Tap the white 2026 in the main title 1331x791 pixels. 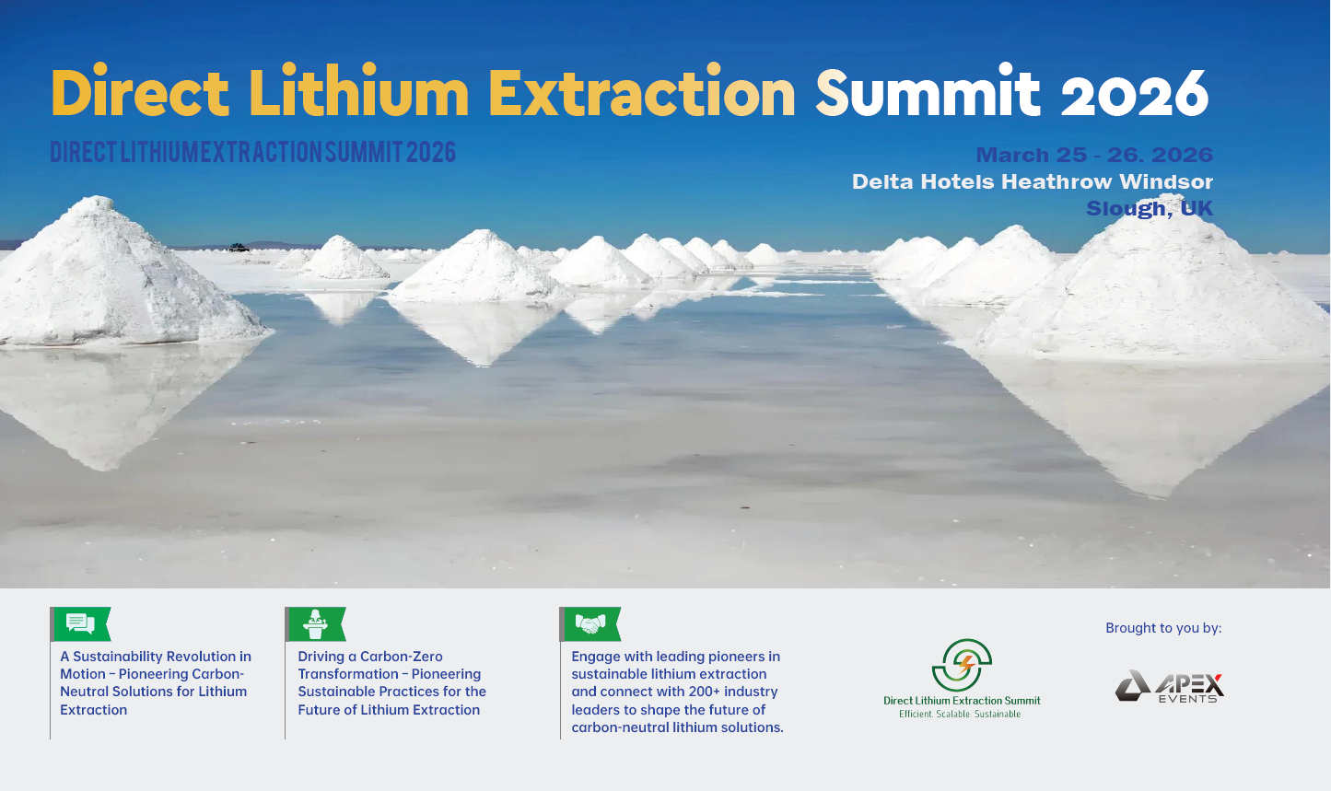[x=1135, y=93]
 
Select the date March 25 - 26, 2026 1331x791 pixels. [x=1094, y=155]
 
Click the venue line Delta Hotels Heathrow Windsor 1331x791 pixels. [x=1033, y=181]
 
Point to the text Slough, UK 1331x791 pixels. [x=1150, y=208]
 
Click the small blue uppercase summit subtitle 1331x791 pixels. [x=253, y=152]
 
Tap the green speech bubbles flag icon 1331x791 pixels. [x=81, y=624]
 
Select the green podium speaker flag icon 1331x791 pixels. [x=316, y=624]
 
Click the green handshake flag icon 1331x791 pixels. [x=590, y=624]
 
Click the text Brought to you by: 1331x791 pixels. [x=1163, y=628]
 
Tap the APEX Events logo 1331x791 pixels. [x=1170, y=686]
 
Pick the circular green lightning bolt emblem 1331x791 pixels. [x=962, y=665]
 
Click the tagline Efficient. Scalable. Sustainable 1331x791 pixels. [x=960, y=714]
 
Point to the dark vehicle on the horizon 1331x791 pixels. [x=239, y=247]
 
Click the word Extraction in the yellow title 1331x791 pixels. [x=642, y=91]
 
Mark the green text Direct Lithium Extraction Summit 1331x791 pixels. [x=962, y=700]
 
